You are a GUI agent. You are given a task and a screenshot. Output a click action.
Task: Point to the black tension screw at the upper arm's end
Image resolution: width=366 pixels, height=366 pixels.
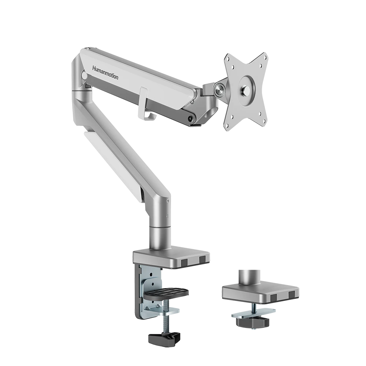(x=190, y=118)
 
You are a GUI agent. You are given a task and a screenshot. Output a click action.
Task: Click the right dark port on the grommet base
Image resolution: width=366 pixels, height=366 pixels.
(x=291, y=295)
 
